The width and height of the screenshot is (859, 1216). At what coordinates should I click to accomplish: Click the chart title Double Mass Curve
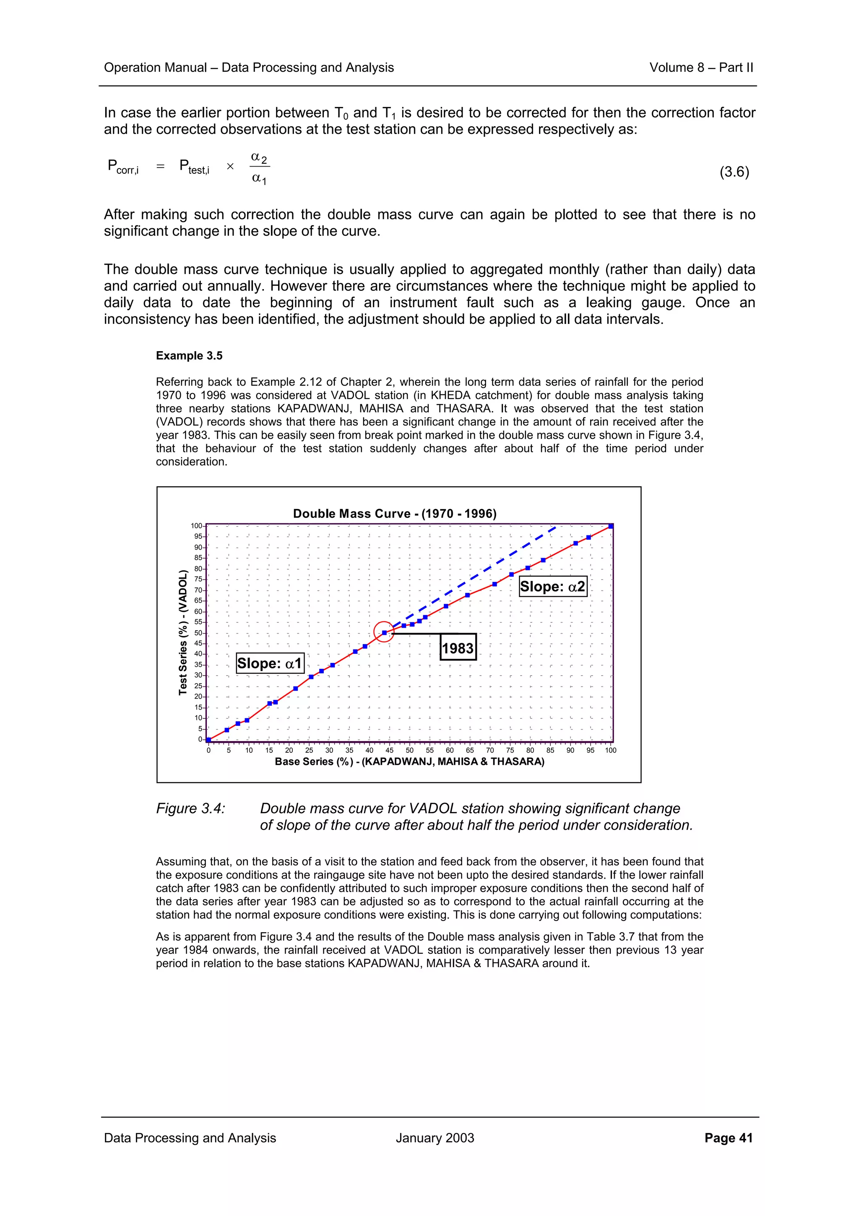point(394,513)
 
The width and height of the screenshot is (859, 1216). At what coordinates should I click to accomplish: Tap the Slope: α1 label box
point(270,663)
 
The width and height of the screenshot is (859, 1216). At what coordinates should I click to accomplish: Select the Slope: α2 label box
point(552,586)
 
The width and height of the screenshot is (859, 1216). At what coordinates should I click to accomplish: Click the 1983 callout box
point(458,648)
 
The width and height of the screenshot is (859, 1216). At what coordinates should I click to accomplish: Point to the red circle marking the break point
point(384,631)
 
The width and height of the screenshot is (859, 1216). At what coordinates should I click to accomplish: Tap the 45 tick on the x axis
point(390,751)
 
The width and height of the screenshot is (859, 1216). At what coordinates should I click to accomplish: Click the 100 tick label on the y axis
point(196,526)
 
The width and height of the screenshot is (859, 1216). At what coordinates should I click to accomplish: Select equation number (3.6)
point(734,172)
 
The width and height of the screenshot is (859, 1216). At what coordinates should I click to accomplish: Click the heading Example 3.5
point(189,356)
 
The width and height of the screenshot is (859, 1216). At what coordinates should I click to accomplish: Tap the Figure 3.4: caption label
point(190,808)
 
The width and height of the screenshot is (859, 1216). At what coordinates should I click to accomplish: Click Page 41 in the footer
point(728,1138)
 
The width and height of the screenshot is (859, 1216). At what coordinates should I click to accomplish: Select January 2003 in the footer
point(435,1138)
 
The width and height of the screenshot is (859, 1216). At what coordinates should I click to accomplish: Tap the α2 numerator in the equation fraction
point(259,158)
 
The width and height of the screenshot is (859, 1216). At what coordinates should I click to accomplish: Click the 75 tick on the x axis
point(510,751)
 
